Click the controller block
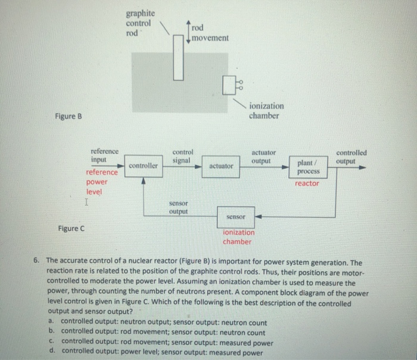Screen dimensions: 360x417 144,166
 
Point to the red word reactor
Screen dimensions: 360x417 307,184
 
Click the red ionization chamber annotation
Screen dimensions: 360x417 238,237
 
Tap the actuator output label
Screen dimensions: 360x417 263,157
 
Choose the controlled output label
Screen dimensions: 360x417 351,157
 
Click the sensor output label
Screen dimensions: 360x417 178,207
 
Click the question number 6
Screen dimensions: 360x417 37,261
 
